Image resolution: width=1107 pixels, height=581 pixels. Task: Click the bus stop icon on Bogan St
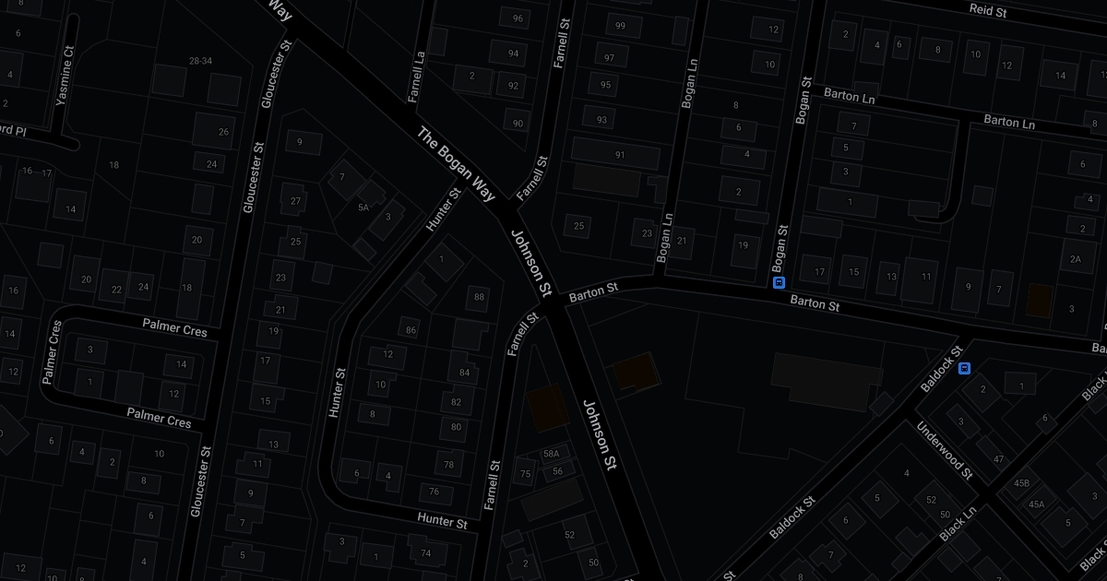[x=779, y=282]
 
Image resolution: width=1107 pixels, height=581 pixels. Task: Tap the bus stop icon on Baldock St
[x=964, y=369]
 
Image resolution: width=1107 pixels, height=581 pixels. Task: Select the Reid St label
[x=987, y=9]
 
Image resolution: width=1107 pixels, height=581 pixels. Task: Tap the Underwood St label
[x=943, y=450]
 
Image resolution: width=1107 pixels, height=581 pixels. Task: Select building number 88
[x=478, y=296]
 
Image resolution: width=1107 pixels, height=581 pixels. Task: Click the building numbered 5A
[x=363, y=207]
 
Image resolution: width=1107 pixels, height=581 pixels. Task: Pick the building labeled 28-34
[x=200, y=61]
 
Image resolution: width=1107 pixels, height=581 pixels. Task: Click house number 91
[x=620, y=155]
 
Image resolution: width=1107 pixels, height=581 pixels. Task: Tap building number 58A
[x=552, y=454]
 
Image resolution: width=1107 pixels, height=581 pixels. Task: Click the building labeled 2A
[x=1075, y=259]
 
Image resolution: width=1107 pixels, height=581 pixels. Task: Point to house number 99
[x=620, y=25]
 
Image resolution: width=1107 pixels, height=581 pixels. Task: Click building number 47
[x=998, y=458]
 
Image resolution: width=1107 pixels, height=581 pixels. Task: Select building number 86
[x=411, y=330]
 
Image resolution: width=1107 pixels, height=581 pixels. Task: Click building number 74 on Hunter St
[x=425, y=553]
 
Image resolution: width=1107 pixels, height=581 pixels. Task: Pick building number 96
[x=517, y=18]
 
